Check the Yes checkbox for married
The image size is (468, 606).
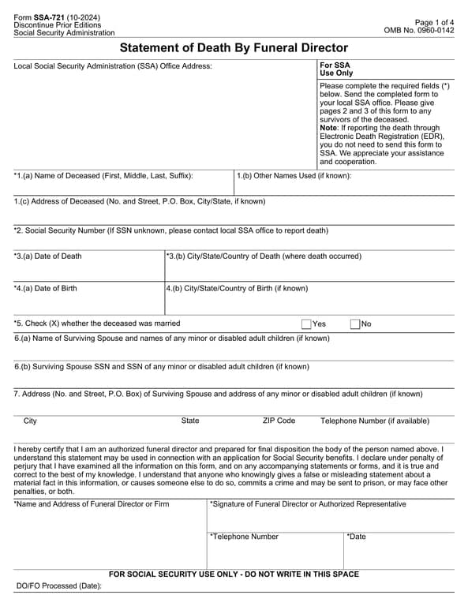point(306,324)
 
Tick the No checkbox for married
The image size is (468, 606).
point(354,324)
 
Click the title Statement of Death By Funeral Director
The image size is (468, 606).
point(234,48)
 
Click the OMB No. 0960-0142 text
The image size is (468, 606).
point(418,30)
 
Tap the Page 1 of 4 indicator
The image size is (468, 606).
point(434,21)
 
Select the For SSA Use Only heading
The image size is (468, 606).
point(335,69)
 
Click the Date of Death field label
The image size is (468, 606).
point(47,256)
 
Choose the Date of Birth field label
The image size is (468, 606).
point(46,289)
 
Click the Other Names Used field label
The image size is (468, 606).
point(294,176)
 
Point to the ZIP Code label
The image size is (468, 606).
point(279,421)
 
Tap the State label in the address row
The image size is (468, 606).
point(190,421)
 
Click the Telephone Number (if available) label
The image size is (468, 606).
point(375,421)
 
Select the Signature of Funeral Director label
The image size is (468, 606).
point(308,503)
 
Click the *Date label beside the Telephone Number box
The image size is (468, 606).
point(357,537)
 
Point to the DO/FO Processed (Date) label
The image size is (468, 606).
point(59,586)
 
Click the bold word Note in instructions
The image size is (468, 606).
point(328,128)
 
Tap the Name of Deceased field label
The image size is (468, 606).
point(103,176)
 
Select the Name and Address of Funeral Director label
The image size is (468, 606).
point(92,503)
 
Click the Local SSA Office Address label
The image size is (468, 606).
point(113,65)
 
